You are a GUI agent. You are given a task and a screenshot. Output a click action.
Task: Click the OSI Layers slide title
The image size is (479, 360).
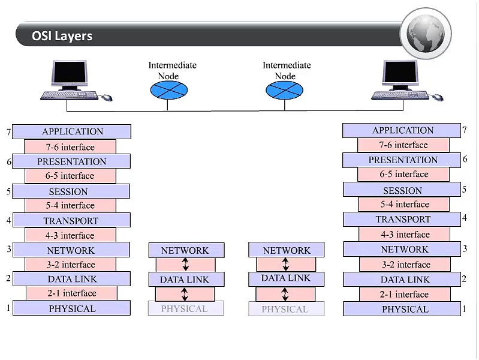(x=62, y=36)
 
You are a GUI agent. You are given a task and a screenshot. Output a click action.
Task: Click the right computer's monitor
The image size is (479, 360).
(x=401, y=74)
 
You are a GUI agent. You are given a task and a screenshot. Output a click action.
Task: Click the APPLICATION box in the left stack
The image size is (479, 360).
(x=72, y=131)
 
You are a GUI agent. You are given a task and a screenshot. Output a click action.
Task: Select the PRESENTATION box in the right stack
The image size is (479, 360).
(x=402, y=160)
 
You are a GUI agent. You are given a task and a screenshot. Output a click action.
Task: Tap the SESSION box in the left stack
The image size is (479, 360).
(x=71, y=191)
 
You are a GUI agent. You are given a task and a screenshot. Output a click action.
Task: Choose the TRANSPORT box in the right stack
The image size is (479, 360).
(x=403, y=219)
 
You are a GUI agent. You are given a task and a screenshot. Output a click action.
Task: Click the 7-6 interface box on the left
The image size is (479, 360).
(x=70, y=147)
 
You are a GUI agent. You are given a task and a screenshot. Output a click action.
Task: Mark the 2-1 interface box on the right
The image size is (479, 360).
(x=405, y=295)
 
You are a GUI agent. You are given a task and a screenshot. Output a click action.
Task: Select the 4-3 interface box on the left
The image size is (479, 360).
(x=70, y=235)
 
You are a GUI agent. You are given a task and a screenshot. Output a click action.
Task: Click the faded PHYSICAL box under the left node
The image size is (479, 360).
(x=185, y=309)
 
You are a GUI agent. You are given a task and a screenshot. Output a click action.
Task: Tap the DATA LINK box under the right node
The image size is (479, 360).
(x=286, y=278)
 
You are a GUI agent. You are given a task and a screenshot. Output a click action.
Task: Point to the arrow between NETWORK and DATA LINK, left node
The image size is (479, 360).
(x=185, y=265)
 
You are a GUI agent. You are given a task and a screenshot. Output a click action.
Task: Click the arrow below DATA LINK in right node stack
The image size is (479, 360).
(x=285, y=294)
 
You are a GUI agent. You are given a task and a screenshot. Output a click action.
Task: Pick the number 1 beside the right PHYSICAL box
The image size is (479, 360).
(x=465, y=309)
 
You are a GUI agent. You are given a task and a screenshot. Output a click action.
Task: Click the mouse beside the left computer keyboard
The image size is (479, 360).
(x=107, y=97)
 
